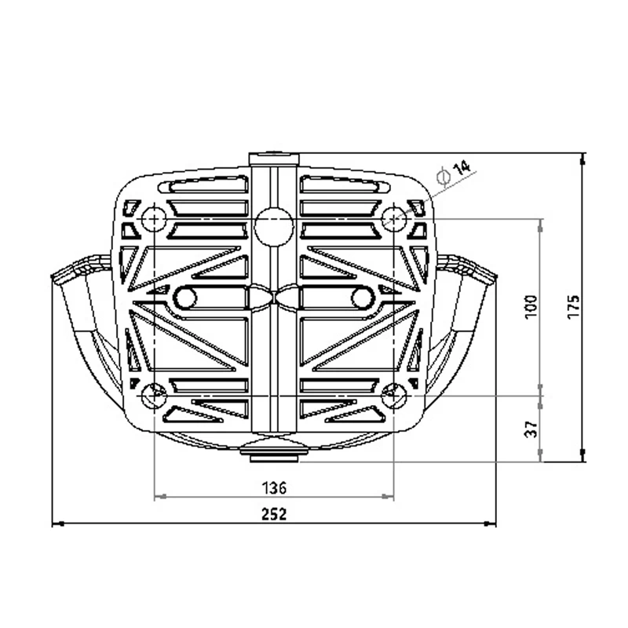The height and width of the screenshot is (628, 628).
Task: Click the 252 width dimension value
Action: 274,514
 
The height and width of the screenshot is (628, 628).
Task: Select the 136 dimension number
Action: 274,487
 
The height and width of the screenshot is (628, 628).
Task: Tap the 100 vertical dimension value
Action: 531,307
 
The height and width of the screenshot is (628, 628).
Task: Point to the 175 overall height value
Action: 573,307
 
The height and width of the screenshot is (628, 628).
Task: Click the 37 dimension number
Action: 531,429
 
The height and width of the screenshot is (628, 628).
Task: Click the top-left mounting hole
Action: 154,219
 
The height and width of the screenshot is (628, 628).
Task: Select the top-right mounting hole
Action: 394,219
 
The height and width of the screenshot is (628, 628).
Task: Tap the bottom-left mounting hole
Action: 154,395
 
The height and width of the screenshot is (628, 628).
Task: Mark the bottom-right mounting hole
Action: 394,395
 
